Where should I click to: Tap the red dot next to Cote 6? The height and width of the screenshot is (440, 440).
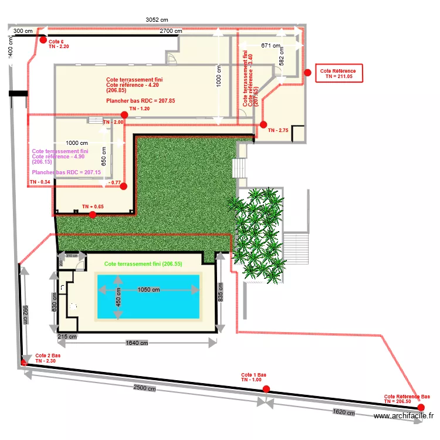[43, 39]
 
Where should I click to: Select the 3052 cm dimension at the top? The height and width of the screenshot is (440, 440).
[156, 19]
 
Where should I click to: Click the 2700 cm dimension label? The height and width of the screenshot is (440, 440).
[171, 31]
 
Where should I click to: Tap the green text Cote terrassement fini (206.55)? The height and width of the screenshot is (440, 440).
[143, 264]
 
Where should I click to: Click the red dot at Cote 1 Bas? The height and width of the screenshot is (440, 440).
[266, 388]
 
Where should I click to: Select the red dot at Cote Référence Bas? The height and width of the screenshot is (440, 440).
[421, 407]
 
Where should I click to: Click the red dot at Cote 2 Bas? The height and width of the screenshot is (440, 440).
[24, 363]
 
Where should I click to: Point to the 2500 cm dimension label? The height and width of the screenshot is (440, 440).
[144, 388]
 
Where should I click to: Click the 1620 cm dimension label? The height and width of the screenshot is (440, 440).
[343, 412]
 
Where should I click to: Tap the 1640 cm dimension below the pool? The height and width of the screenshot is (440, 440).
[137, 343]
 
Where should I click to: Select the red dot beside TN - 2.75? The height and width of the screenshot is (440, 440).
[263, 124]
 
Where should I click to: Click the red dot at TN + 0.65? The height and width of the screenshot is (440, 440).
[93, 215]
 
